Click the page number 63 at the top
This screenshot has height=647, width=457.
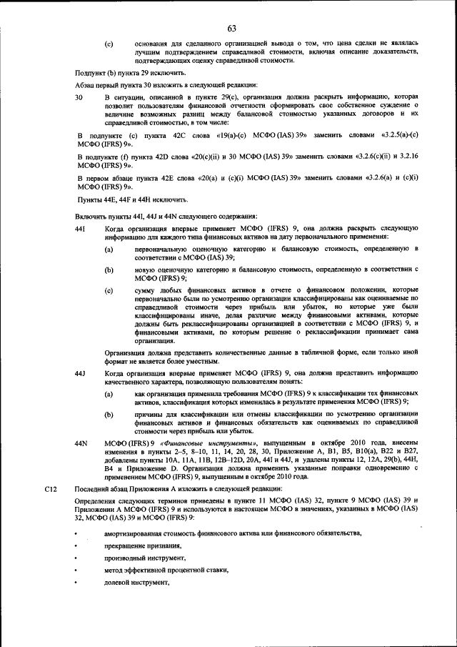(x=231, y=29)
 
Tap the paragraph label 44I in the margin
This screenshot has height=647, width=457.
(x=81, y=227)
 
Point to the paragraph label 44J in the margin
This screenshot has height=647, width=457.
(x=81, y=373)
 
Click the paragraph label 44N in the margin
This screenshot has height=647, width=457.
(x=81, y=443)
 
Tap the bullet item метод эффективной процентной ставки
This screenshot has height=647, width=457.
(x=166, y=570)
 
